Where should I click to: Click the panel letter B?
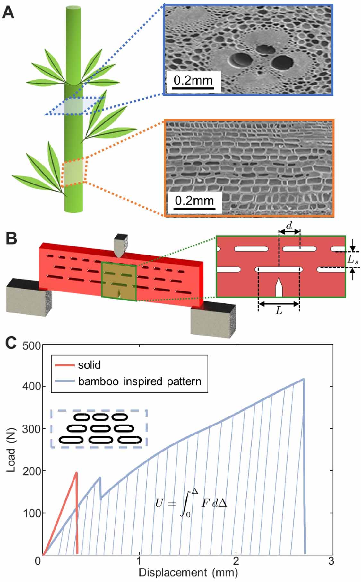coord(10,239)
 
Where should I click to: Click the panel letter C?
coord(11,343)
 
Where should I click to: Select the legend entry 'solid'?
coord(89,365)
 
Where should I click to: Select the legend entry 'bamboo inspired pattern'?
coord(139,381)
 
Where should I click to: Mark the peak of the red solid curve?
coord(76,472)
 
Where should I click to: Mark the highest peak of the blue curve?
coord(304,379)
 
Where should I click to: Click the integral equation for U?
coord(191,504)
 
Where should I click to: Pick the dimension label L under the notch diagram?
coord(279,311)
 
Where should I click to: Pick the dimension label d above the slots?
coord(289,226)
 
